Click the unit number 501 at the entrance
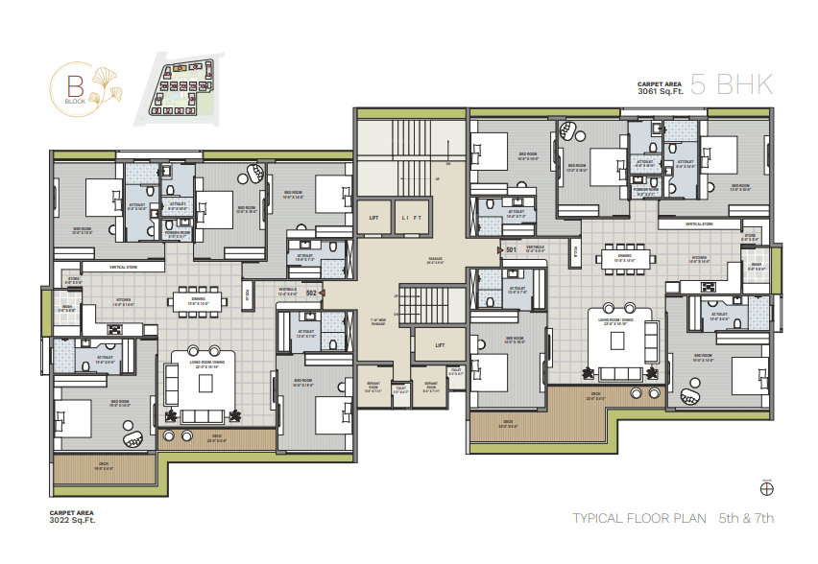(x=511, y=250)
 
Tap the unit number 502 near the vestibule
(x=311, y=293)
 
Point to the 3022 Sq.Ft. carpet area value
(x=73, y=522)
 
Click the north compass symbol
(x=765, y=488)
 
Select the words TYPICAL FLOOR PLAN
(x=638, y=519)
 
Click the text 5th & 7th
(x=746, y=519)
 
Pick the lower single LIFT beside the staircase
(x=440, y=345)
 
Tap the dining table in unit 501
(x=624, y=257)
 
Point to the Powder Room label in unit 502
(x=176, y=233)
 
